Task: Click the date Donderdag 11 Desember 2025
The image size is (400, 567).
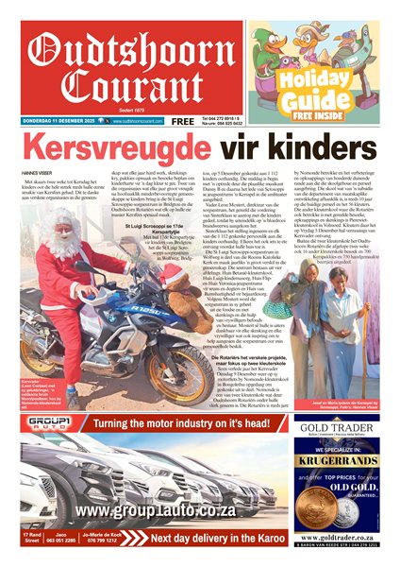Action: [x=56, y=121]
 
